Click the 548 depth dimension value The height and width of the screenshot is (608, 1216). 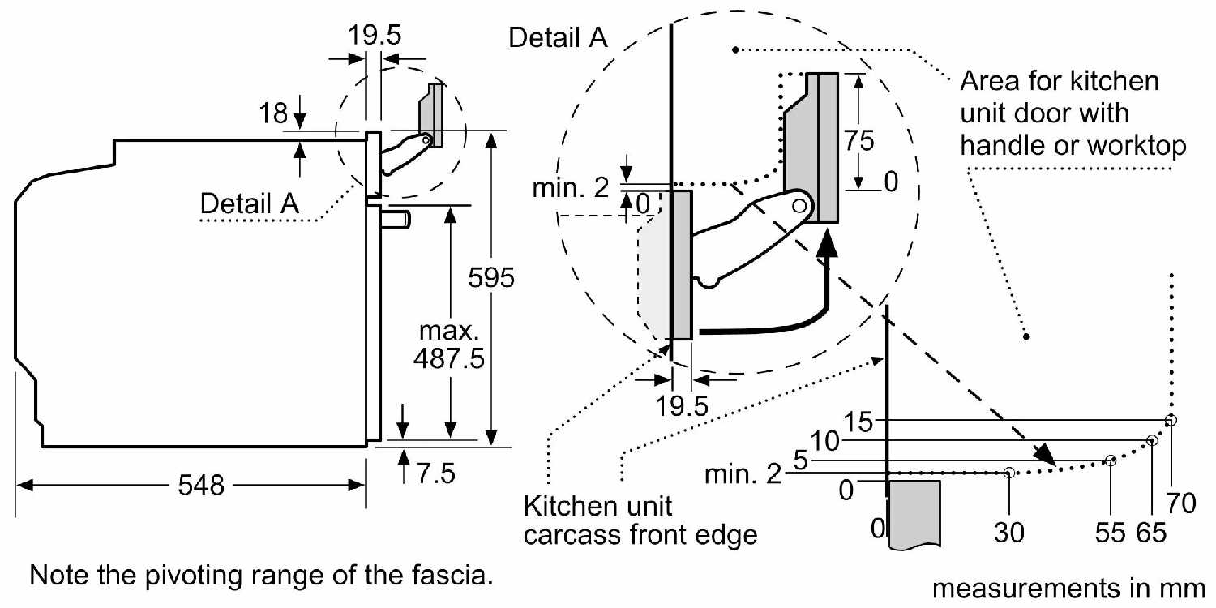(201, 485)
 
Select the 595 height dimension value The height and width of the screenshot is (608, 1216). (490, 277)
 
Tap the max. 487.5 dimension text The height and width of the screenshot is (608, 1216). (449, 345)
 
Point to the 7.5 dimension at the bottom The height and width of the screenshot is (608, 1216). (436, 473)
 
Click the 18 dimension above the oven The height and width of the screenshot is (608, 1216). (273, 113)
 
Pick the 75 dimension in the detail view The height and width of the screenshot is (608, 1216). (858, 140)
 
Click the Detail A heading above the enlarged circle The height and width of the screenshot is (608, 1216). (558, 37)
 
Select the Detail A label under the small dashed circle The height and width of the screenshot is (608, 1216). (250, 203)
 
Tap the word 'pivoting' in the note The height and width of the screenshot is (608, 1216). (203, 576)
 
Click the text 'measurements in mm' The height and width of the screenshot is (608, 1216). (1068, 589)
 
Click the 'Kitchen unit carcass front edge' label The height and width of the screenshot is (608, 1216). (640, 520)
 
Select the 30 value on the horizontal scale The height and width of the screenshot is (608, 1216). (1008, 533)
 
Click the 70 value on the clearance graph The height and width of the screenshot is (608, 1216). (1181, 503)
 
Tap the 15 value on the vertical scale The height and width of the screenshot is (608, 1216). (858, 422)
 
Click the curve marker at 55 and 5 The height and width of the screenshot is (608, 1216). (1111, 460)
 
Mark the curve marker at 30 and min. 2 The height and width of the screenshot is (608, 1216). (1009, 473)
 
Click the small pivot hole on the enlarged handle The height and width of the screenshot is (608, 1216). (799, 206)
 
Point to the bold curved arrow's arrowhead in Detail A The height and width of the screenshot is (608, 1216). (828, 243)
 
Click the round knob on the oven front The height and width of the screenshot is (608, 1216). (396, 220)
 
